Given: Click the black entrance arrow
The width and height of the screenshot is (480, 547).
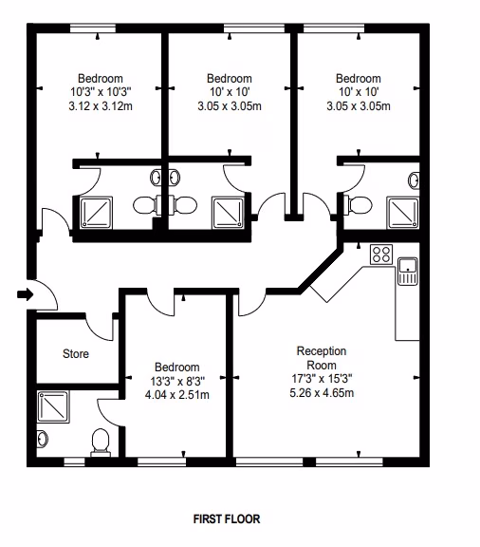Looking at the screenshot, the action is click(25, 294).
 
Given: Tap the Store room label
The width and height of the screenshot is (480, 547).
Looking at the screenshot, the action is click(76, 353).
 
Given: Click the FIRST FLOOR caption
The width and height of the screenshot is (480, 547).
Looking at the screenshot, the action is click(227, 519).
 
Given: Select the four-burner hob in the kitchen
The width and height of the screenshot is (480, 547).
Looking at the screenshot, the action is click(381, 255).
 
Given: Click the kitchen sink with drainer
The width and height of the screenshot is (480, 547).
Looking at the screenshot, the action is click(408, 271).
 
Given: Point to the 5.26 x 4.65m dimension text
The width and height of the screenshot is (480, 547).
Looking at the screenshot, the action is click(322, 393).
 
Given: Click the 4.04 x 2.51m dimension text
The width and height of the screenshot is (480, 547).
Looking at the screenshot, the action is click(177, 395).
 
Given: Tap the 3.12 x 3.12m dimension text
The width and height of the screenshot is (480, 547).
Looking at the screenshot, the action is click(101, 105).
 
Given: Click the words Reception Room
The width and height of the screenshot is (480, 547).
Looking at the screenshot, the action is click(322, 358).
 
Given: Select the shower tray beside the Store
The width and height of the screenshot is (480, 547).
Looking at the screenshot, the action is click(53, 406).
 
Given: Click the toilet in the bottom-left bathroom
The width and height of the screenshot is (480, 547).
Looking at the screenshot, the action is click(101, 443).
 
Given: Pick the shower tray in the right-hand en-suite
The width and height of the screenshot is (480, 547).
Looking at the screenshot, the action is click(403, 213).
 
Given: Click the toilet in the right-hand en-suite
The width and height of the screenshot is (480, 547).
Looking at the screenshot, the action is click(358, 204).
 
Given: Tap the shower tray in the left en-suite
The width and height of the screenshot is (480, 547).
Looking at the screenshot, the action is click(97, 213).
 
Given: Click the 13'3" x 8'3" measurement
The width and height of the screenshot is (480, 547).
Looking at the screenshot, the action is click(177, 381).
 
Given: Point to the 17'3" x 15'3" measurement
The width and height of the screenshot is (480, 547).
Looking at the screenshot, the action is click(322, 379).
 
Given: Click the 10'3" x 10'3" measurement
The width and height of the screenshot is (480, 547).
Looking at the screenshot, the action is click(101, 92).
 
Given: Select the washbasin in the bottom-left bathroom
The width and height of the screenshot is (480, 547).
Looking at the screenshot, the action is click(42, 438).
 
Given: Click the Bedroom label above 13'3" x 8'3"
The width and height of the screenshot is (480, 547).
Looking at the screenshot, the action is click(177, 367).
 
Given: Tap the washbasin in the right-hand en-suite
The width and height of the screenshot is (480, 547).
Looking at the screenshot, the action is click(414, 180).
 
